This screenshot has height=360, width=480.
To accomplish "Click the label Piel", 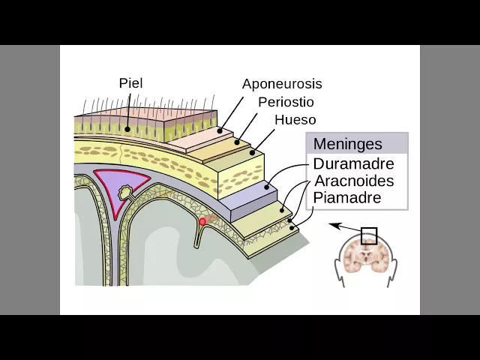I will tap(130, 83).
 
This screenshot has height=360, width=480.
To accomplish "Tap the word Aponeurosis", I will tap(281, 84).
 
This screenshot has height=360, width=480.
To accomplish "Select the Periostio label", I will tap(286, 102).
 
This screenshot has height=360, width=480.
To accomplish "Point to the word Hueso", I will tap(295, 120).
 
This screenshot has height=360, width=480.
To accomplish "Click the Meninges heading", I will tap(347, 144).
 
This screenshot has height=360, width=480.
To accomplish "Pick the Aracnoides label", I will tap(354, 181).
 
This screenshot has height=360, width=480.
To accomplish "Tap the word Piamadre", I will tap(347, 198).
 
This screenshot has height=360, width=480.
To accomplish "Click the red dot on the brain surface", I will tap(202, 221).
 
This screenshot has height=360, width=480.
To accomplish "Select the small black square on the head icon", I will tap(368, 236).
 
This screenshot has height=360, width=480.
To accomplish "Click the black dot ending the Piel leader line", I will tap(127, 129).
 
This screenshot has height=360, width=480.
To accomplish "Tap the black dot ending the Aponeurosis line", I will tap(220, 130).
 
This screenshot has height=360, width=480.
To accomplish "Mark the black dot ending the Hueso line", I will tap(253, 153).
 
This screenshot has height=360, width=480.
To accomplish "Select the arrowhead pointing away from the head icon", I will tap(332, 224).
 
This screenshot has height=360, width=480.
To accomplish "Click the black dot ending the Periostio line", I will tap(237, 141).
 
